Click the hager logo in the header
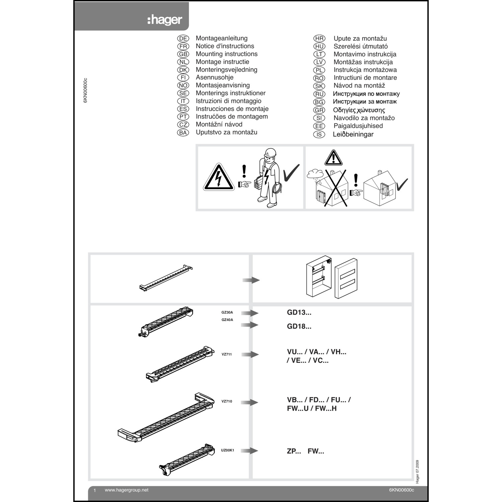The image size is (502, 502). coord(165,20)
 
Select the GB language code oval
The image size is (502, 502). coord(183,54)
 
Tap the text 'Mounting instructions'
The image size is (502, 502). coord(227,54)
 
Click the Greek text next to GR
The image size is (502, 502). coord(359,110)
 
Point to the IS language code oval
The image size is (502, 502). coord(319,135)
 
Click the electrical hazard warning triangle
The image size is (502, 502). coord(219,178)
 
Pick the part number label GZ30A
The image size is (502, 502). coord(227,313)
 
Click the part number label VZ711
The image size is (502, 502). coord(227,354)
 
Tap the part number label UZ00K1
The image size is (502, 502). coord(228,450)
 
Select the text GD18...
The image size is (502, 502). coord(299,326)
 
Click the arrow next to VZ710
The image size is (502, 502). coord(250,403)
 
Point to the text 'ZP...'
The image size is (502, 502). coord(294,451)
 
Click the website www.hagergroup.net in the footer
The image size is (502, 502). coord(127,490)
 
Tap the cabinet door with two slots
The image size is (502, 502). coord(346,278)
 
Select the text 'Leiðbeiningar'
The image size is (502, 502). coord(353,135)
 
